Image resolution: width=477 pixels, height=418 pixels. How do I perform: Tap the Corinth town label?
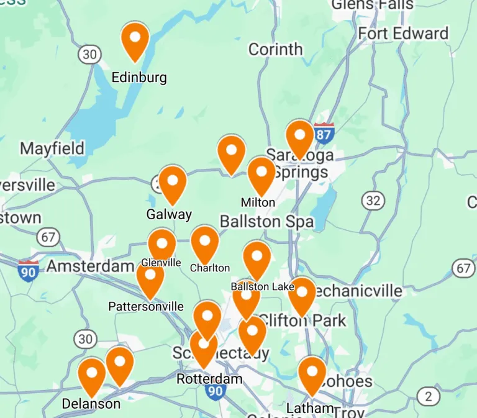tap(275, 49)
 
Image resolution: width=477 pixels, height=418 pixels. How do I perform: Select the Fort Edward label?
tap(403, 34)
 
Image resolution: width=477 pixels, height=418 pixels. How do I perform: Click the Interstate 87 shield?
tap(324, 133)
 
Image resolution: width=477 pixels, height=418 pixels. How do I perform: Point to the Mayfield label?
tap(52, 148)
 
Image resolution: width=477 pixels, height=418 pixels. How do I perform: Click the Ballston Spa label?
tap(267, 222)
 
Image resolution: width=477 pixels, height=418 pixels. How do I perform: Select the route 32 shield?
tap(373, 201)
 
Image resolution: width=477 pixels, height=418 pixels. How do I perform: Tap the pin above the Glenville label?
tap(161, 244)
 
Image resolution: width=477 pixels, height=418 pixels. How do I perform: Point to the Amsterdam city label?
tap(90, 266)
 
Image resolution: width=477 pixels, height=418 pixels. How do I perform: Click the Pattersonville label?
tap(146, 306)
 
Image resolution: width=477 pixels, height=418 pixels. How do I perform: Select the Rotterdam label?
tap(209, 379)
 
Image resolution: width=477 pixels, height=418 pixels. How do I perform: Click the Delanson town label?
tap(91, 404)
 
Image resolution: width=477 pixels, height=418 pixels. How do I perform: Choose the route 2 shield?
tap(428, 396)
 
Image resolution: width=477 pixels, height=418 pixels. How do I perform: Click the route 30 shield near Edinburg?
tap(90, 54)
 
